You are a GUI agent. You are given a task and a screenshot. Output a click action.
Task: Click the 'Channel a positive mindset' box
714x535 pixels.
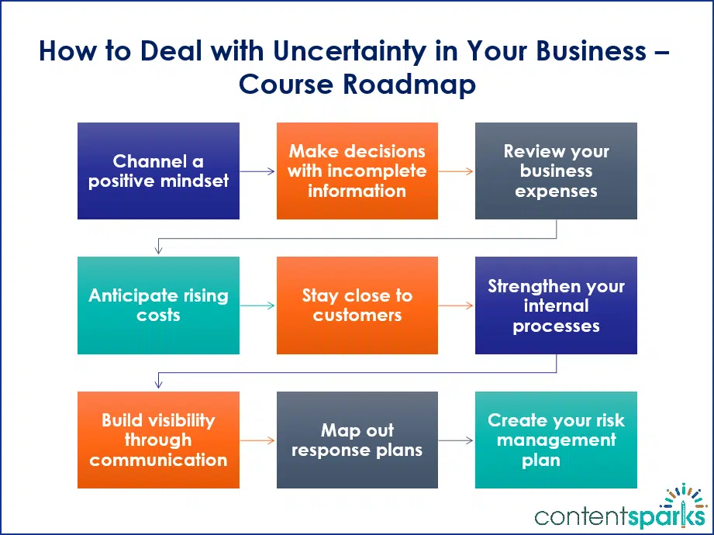tap(158, 171)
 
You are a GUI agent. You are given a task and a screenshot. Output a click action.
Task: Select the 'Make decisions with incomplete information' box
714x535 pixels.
tap(357, 171)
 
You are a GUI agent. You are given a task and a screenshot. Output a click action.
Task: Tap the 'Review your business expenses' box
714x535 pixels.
tap(556, 171)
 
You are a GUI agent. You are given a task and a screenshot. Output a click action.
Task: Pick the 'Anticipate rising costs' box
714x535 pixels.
tap(158, 305)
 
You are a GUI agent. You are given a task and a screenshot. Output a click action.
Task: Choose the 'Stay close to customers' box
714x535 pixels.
tap(357, 305)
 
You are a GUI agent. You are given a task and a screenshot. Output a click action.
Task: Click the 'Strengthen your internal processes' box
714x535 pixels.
tap(556, 305)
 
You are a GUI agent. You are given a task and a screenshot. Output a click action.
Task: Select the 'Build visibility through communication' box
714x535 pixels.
tap(158, 440)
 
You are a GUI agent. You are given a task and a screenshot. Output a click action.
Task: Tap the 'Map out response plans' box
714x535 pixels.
tap(357, 440)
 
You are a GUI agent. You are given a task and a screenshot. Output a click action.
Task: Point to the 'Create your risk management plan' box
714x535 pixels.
tap(556, 440)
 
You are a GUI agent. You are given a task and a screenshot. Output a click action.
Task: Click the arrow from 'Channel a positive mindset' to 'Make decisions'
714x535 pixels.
tap(257, 171)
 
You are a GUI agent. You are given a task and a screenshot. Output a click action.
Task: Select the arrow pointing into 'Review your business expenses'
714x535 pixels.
tap(456, 171)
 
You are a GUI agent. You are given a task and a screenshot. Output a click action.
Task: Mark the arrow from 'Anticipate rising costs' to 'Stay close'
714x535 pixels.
tap(257, 305)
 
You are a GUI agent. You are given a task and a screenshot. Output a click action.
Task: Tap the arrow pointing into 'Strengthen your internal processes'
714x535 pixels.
tap(456, 305)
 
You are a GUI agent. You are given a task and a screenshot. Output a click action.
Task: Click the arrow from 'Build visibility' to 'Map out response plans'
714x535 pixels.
tap(257, 440)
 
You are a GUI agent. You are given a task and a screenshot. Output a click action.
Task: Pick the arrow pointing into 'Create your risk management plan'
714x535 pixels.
tap(456, 440)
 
